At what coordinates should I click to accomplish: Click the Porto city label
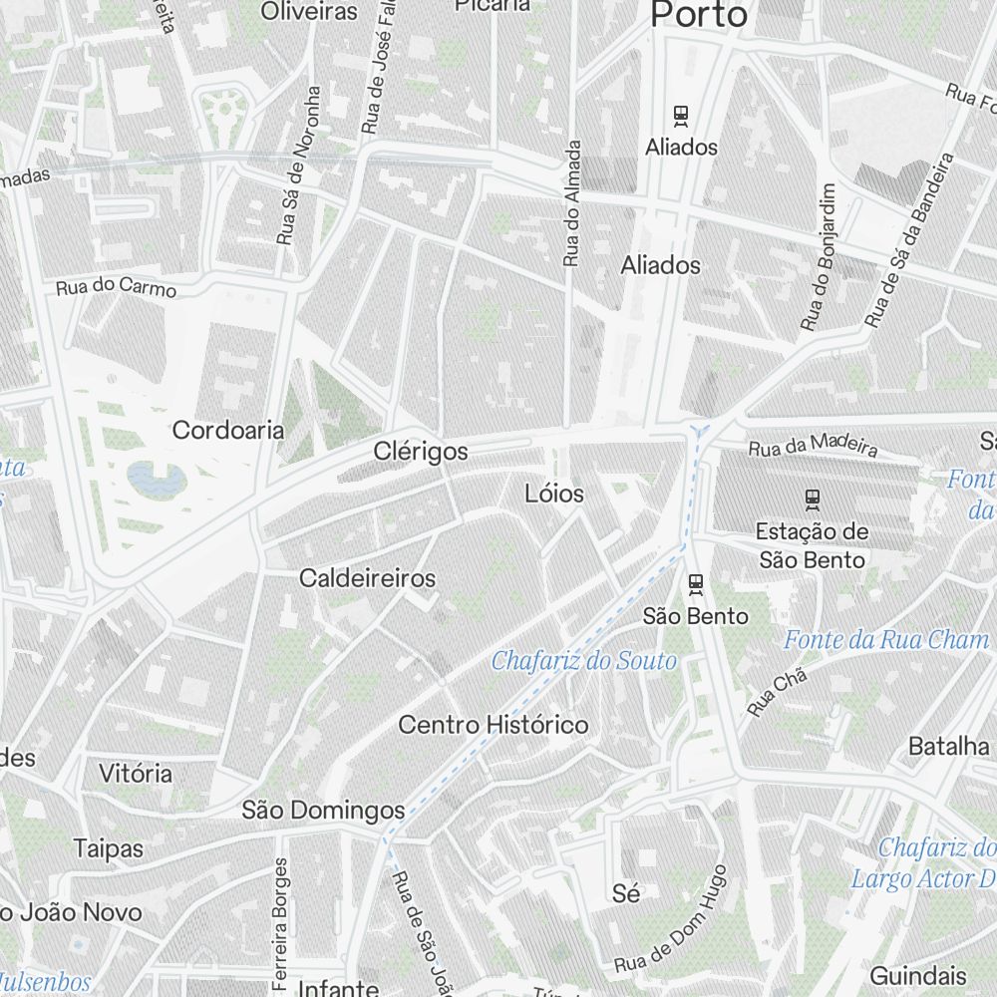pos(698,15)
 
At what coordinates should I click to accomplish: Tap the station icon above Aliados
pos(681,116)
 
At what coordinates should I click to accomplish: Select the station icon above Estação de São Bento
pos(813,497)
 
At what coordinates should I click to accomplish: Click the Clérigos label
pos(421,452)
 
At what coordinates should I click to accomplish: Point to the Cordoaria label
pos(228,431)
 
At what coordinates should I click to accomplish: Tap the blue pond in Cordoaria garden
pos(157,480)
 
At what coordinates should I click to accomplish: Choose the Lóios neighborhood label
pos(554,494)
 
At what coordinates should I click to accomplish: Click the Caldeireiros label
pos(367,578)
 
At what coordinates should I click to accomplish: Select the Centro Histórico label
pos(494,725)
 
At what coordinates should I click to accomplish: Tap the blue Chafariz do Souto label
pos(584,661)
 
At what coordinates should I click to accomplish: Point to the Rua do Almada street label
pos(571,203)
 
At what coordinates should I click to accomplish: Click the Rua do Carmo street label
pos(117,287)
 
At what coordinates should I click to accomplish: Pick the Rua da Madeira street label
pos(813,445)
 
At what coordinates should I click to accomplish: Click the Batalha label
pos(949,747)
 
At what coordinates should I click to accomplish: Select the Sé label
pos(626,894)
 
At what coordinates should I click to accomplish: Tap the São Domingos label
pos(323,811)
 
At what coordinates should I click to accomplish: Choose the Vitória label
pos(136,773)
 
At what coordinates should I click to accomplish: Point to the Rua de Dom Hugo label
pos(671,921)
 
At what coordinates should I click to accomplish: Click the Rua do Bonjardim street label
pos(820,257)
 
